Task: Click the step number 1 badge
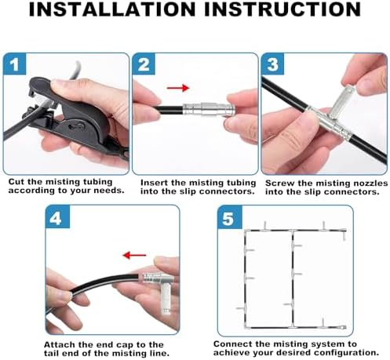(x=15, y=64)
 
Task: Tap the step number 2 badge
(x=144, y=64)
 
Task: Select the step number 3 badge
(x=272, y=64)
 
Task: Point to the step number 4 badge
(x=57, y=216)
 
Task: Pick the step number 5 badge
(x=229, y=217)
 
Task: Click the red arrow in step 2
(x=178, y=88)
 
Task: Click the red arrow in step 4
(x=134, y=256)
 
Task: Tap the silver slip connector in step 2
(x=207, y=110)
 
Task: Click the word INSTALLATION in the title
(x=111, y=9)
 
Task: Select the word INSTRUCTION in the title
(x=282, y=9)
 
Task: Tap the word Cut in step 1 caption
(x=16, y=181)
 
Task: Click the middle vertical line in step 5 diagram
(x=293, y=278)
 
